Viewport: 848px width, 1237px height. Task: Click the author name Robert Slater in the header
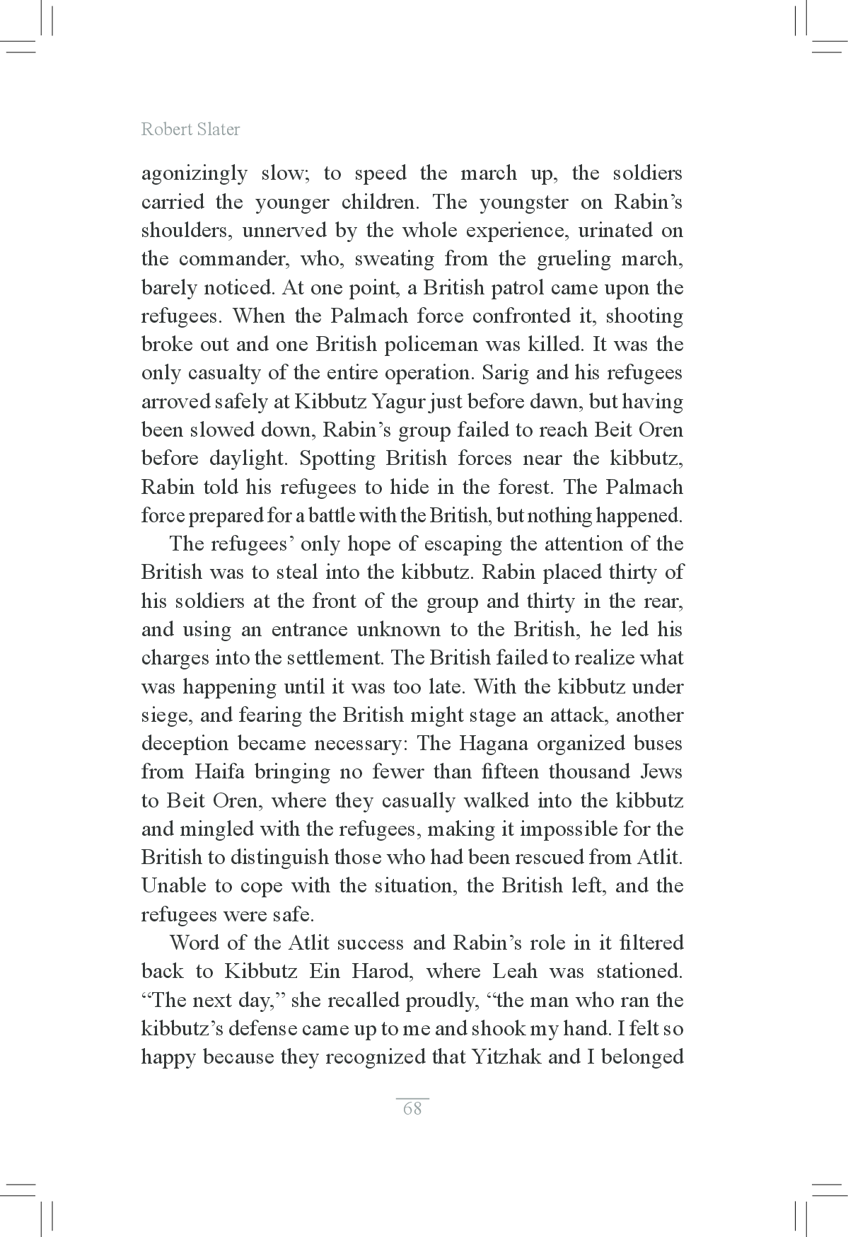click(x=190, y=130)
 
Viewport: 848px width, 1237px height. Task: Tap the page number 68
click(x=412, y=1108)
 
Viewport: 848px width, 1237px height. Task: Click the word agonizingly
click(x=194, y=174)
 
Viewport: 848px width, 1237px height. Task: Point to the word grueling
click(x=574, y=259)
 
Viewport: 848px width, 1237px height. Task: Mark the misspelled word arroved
click(x=175, y=402)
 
